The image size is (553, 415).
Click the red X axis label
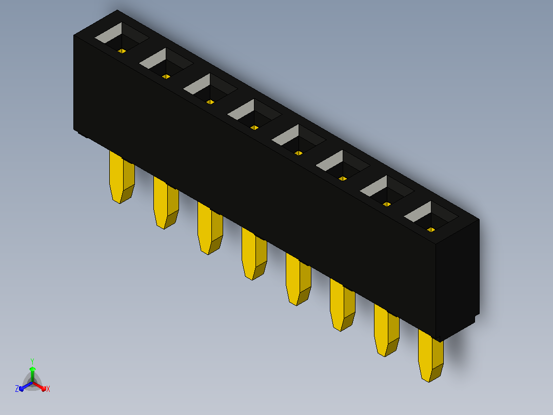point(48,389)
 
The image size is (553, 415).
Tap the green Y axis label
point(32,361)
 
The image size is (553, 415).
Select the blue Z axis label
point(17,388)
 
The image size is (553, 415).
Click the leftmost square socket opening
point(122,38)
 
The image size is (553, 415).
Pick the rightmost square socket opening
point(431,217)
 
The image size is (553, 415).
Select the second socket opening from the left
point(166,64)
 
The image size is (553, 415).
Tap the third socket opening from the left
point(210,89)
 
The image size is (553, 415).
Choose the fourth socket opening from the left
point(254,115)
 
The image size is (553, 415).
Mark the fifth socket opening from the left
point(299,140)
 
